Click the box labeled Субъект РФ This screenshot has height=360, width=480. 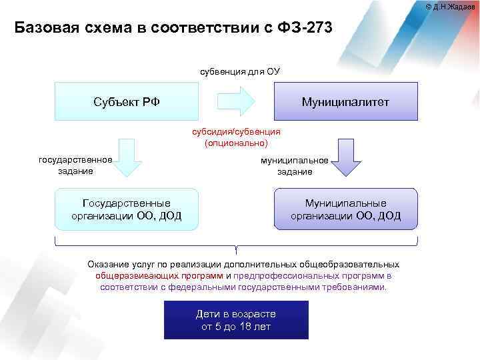point(126,101)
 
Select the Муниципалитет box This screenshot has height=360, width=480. point(345,101)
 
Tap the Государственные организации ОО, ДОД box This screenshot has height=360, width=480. point(126,209)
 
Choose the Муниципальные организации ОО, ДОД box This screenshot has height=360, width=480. point(345,209)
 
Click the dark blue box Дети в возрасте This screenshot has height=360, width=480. point(236,320)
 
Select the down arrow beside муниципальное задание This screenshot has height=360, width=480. point(345,161)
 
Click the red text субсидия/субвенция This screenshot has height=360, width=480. point(237,132)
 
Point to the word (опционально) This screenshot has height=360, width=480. point(237,143)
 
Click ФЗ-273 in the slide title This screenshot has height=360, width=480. point(300,28)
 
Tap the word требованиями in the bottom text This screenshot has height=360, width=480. point(357,287)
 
